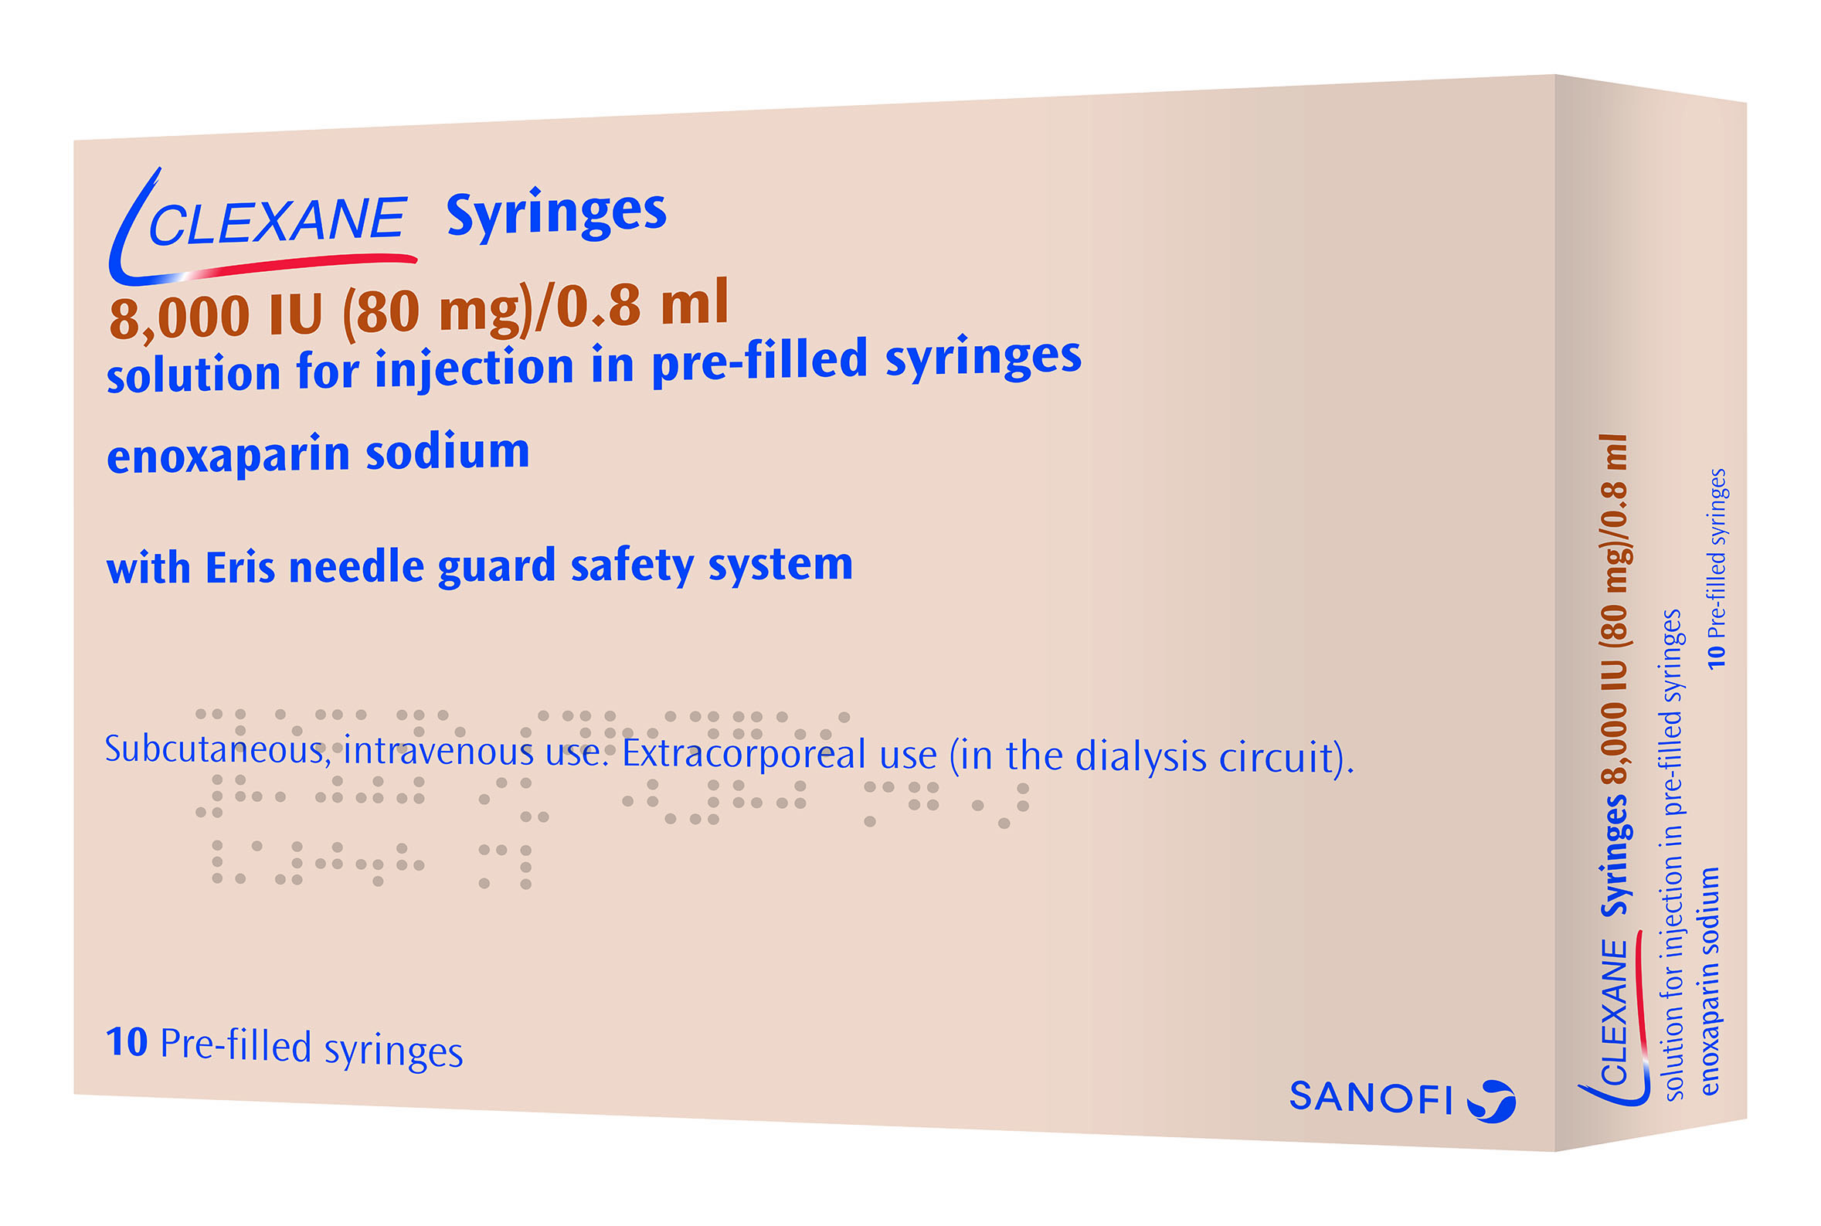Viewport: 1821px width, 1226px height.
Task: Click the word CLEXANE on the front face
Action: [x=277, y=221]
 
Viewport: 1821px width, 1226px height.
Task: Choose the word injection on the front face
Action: [x=474, y=368]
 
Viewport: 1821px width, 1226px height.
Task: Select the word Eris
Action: [x=240, y=567]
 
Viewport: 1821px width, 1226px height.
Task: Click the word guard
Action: [x=498, y=566]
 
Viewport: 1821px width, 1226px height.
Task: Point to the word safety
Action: [x=632, y=565]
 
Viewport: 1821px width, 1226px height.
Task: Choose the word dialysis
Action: [x=1140, y=757]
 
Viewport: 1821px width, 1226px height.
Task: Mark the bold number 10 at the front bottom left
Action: [x=127, y=1041]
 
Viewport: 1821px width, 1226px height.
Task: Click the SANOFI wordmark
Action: [x=1370, y=1097]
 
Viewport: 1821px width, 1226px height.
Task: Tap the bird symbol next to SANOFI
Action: [x=1491, y=1101]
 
